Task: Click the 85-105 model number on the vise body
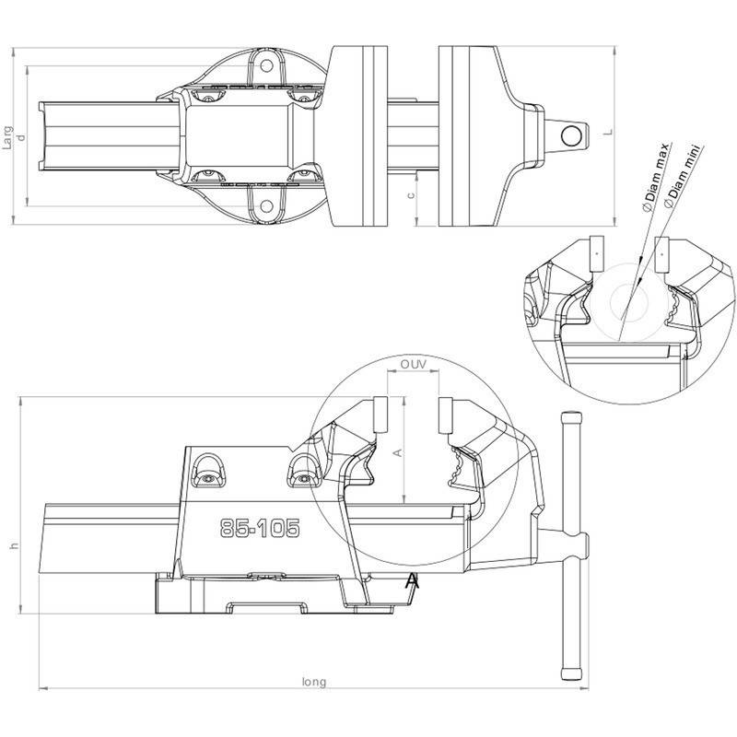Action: pyautogui.click(x=260, y=528)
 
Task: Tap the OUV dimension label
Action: pyautogui.click(x=413, y=364)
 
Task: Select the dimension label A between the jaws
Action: pyautogui.click(x=398, y=452)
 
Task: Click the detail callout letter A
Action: pyautogui.click(x=412, y=580)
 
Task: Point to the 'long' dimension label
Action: pyautogui.click(x=313, y=682)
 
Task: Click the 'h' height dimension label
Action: pyautogui.click(x=15, y=545)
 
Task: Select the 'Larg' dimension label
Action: pyautogui.click(x=7, y=137)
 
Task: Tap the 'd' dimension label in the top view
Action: pyautogui.click(x=20, y=137)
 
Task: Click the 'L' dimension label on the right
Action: pyautogui.click(x=608, y=132)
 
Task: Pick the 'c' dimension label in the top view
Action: pyautogui.click(x=411, y=194)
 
